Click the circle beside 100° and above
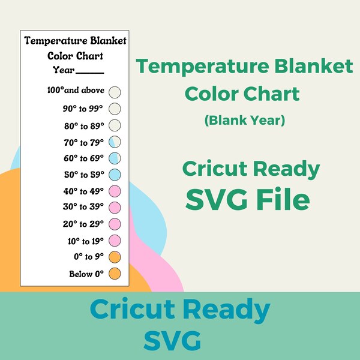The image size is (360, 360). [x=116, y=92]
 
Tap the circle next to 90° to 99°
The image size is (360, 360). [x=116, y=109]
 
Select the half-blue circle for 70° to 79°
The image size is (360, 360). [x=116, y=142]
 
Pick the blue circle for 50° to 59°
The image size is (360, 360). [x=116, y=175]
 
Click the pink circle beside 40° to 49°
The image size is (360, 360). [x=116, y=191]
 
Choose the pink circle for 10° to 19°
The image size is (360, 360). [x=116, y=241]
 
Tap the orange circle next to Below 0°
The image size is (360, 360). [x=116, y=274]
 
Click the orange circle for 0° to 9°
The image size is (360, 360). [x=116, y=257]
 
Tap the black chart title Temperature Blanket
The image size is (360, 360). [x=75, y=41]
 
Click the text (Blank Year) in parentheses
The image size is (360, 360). [x=244, y=120]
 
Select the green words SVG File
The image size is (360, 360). [x=247, y=199]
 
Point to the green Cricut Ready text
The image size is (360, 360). [x=251, y=170]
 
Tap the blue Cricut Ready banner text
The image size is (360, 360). [x=180, y=311]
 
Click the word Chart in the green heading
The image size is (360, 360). [x=271, y=94]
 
